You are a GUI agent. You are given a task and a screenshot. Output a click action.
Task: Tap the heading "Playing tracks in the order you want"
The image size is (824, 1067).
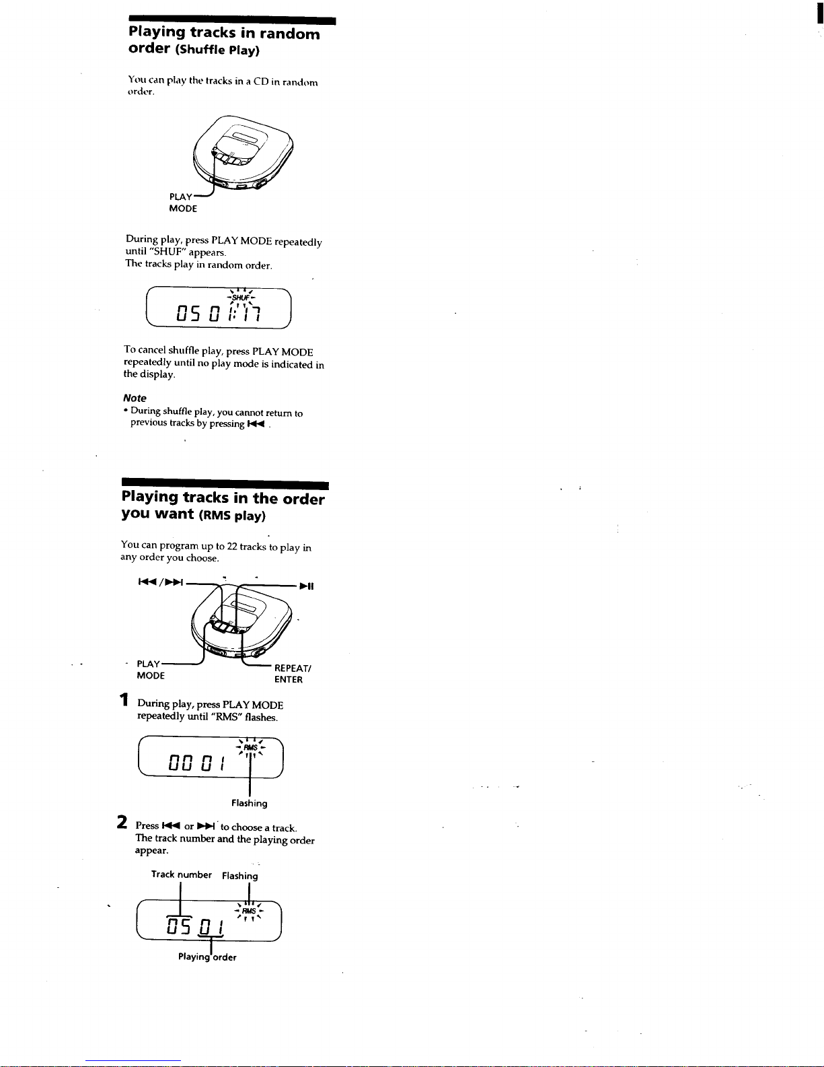point(223,506)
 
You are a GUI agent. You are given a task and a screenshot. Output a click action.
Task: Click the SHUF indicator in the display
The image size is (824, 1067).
point(241,298)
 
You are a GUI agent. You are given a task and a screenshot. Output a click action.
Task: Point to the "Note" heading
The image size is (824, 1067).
point(135,398)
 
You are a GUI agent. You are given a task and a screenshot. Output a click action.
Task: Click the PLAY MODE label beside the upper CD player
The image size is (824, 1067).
point(182,203)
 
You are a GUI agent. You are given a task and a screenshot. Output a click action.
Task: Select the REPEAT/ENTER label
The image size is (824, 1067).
point(292,674)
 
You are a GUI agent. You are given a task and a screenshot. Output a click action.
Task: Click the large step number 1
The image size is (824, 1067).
point(124,701)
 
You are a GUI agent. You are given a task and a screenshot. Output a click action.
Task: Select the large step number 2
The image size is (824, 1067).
point(122,823)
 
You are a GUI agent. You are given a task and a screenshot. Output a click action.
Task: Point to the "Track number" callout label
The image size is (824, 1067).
point(181,874)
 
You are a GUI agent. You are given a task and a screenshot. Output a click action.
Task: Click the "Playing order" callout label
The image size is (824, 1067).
point(207,957)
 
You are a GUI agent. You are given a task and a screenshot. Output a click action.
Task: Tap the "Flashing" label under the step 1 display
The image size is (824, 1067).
point(249,803)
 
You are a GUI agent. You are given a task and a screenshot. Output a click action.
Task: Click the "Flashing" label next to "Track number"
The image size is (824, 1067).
point(239,876)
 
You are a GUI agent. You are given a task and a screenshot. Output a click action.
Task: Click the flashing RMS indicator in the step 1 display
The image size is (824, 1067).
point(250,747)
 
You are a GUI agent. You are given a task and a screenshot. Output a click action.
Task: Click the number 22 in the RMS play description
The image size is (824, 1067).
point(233,547)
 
